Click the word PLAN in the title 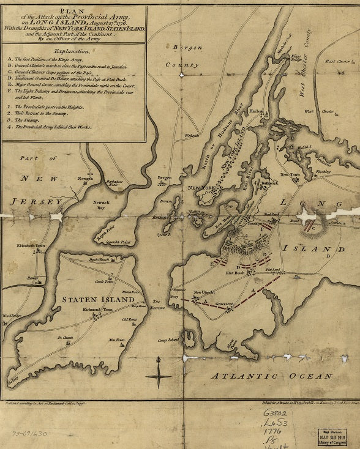click(x=72, y=10)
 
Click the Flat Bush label click(x=234, y=273)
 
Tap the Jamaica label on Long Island click(x=333, y=224)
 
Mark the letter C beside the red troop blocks click(x=313, y=229)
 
